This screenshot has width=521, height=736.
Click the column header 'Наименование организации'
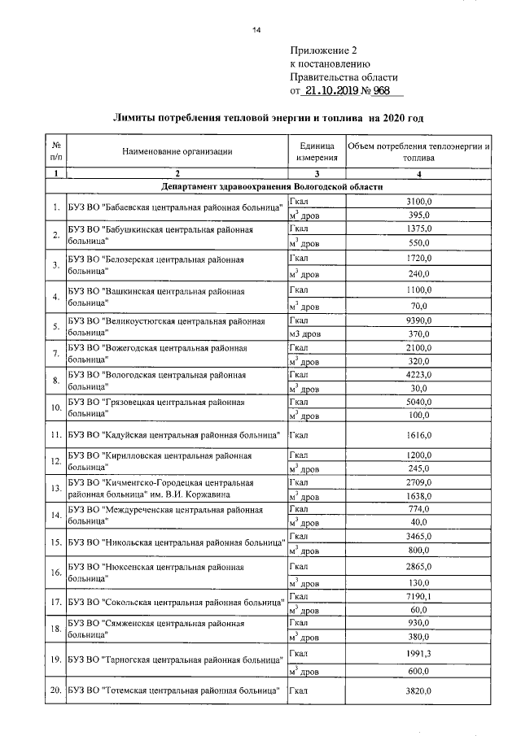[x=177, y=151]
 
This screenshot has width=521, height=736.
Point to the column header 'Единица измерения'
[x=317, y=151]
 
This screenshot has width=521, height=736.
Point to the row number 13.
[x=55, y=490]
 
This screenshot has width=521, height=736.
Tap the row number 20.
[x=55, y=690]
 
